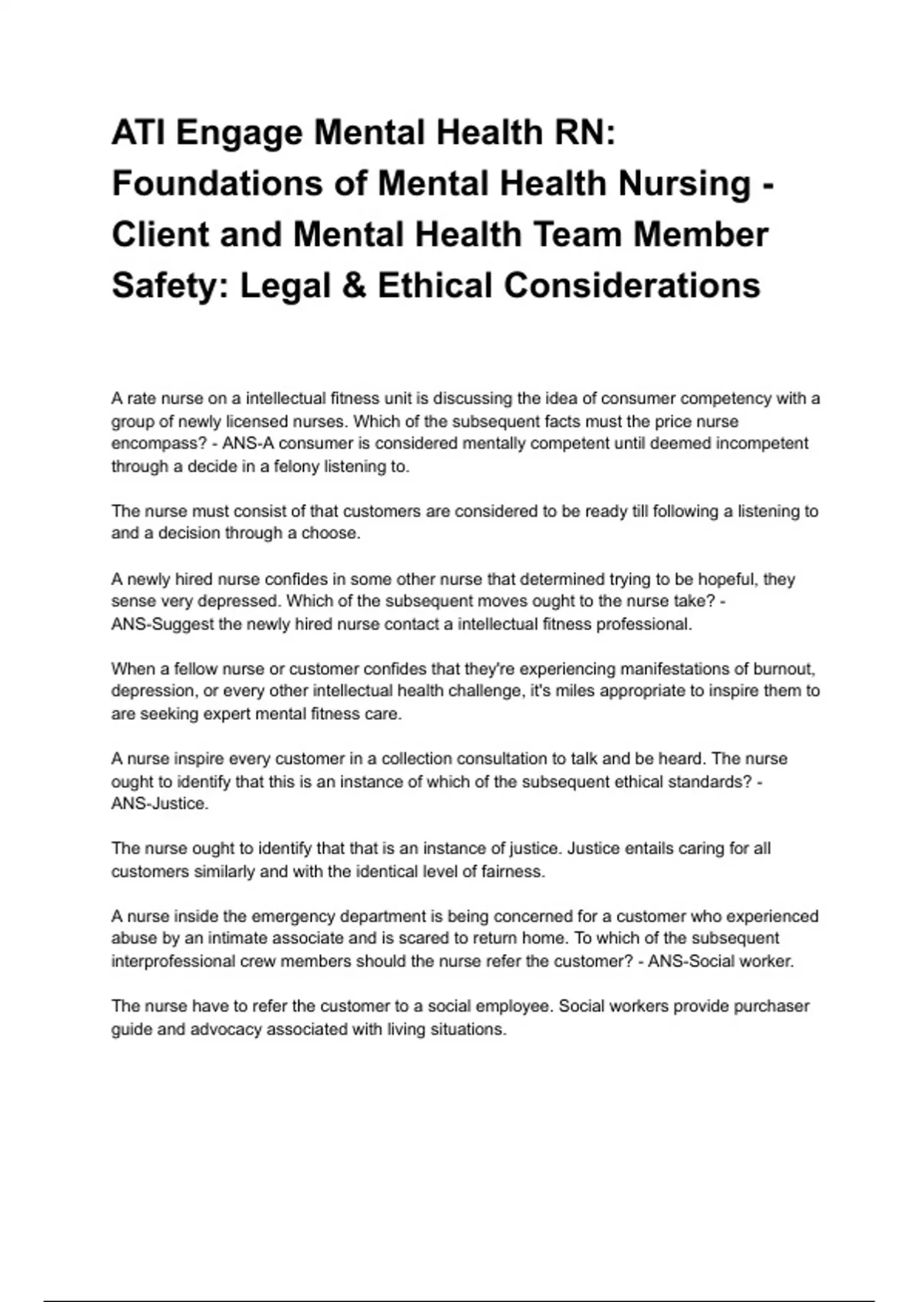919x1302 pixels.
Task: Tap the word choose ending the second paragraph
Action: (330, 533)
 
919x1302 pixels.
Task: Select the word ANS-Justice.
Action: (159, 803)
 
